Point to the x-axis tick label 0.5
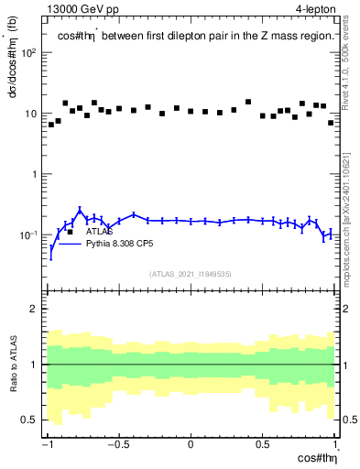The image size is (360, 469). pyautogui.click(x=262, y=445)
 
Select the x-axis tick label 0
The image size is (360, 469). pyautogui.click(x=191, y=445)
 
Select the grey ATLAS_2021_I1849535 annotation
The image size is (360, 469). pyautogui.click(x=190, y=273)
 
